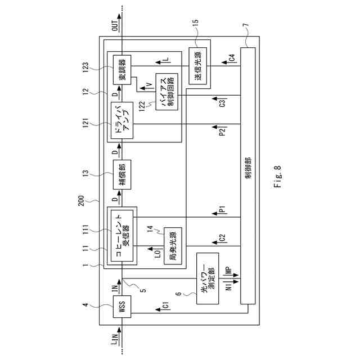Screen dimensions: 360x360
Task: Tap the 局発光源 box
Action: click(x=171, y=245)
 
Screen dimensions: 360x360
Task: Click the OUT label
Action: click(x=115, y=25)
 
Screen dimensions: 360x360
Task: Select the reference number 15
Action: click(x=196, y=22)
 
